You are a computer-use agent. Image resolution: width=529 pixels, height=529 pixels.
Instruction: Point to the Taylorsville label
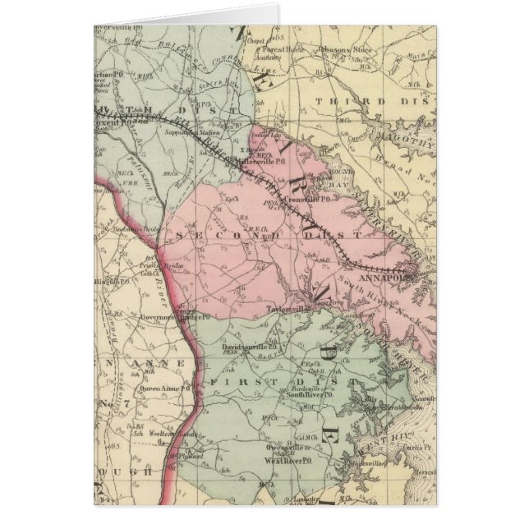tap(289, 309)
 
